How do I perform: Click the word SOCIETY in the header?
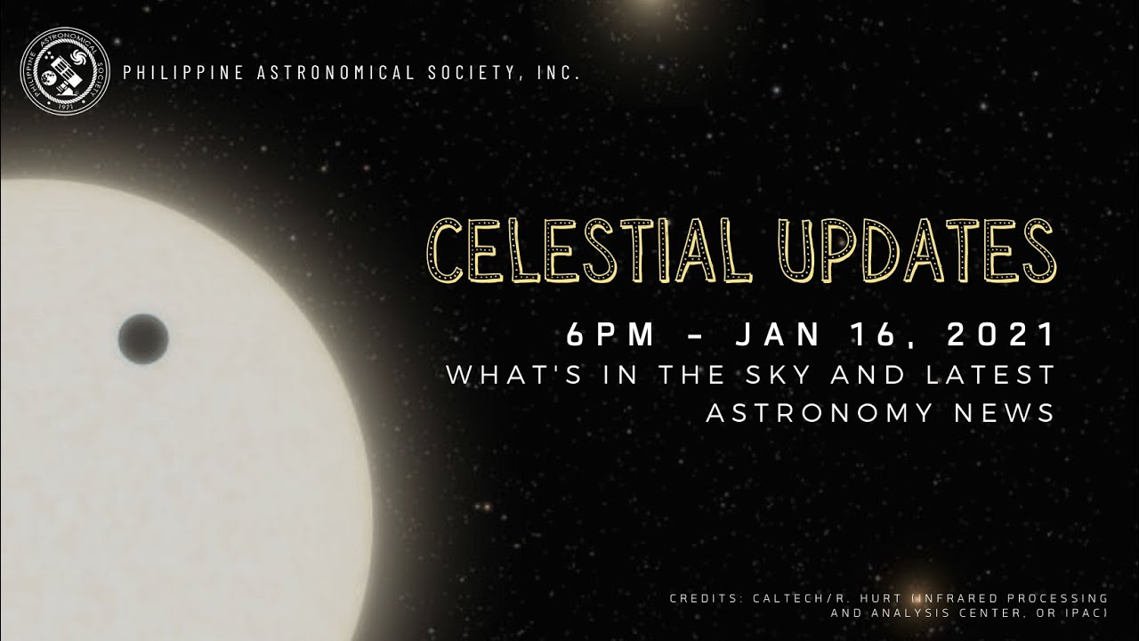point(472,73)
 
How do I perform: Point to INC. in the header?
point(559,73)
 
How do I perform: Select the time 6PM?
point(610,336)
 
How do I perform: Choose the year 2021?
point(1001,336)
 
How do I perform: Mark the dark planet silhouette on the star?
point(142,338)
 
